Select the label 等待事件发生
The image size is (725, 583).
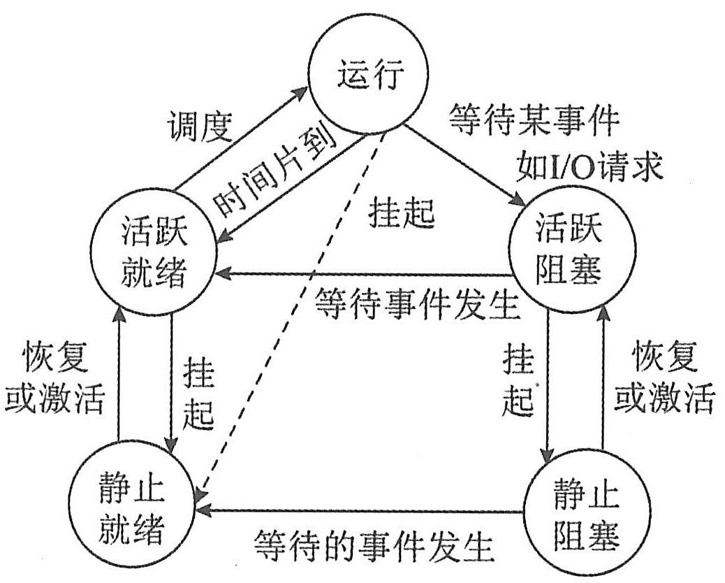click(416, 303)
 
